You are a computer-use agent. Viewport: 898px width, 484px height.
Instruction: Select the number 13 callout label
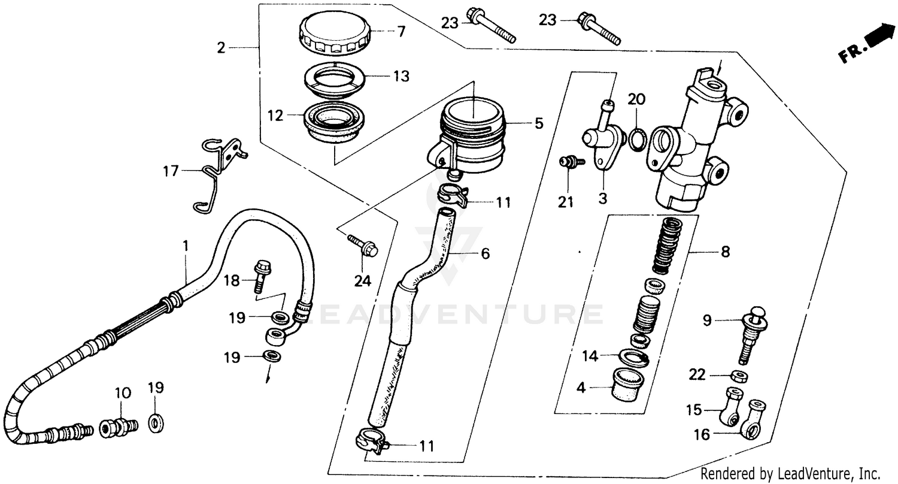pyautogui.click(x=401, y=76)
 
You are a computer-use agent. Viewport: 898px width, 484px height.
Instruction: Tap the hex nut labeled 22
pyautogui.click(x=741, y=376)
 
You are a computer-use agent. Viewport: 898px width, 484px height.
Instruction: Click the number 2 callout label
pyautogui.click(x=222, y=47)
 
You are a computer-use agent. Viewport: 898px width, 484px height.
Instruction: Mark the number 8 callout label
pyautogui.click(x=725, y=252)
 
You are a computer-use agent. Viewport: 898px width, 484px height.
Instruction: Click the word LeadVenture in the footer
pyautogui.click(x=808, y=471)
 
